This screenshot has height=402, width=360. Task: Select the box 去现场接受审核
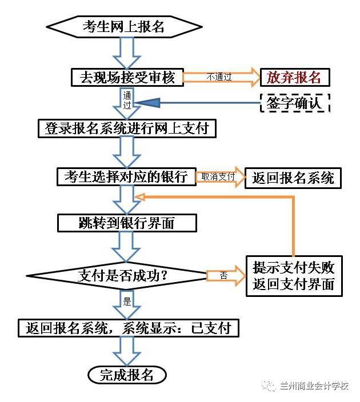tap(127, 77)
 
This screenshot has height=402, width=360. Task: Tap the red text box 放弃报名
tap(295, 77)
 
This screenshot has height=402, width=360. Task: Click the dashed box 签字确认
tap(295, 103)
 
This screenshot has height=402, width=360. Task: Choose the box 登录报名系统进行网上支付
tap(127, 128)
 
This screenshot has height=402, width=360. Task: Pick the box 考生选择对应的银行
tap(126, 176)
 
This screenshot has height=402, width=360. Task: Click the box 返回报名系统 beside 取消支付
tap(293, 178)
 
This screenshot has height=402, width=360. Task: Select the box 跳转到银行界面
tap(127, 223)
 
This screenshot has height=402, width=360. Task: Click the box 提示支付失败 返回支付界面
tap(294, 275)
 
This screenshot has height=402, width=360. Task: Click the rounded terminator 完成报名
tap(127, 375)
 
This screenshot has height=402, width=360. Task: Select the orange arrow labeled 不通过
tap(221, 77)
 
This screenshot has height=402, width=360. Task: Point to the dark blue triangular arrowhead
tap(146, 103)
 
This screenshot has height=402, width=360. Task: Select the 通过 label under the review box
tap(127, 100)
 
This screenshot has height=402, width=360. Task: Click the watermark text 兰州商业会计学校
tap(314, 387)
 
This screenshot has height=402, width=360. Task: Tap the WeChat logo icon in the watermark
tap(269, 387)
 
